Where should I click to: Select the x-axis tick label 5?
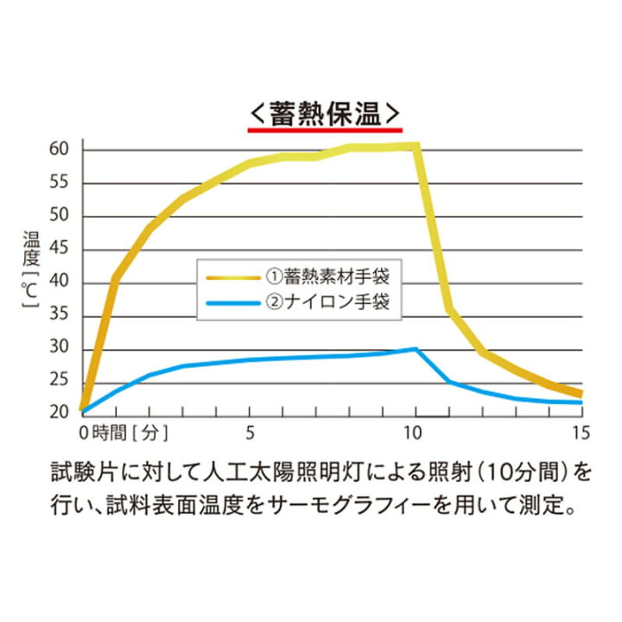pos(251,430)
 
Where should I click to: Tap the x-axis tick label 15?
pos(580,430)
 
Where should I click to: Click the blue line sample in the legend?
pos(232,302)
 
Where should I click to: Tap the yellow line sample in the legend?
pos(232,277)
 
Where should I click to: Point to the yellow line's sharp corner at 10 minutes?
pos(417,146)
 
